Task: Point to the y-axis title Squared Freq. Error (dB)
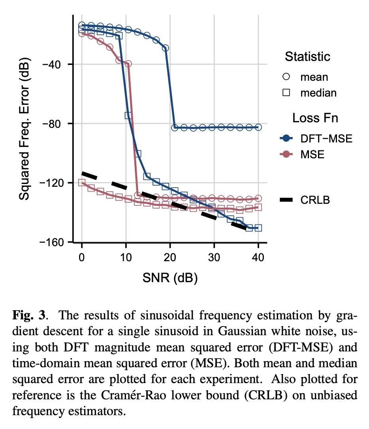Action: click(x=24, y=129)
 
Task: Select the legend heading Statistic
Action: click(x=307, y=57)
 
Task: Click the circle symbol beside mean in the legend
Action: click(x=287, y=77)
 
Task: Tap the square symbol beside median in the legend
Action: click(x=287, y=93)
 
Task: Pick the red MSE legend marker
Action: click(x=287, y=154)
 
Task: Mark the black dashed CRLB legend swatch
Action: click(x=287, y=200)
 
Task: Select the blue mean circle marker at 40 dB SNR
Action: click(x=258, y=127)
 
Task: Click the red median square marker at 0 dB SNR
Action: click(x=82, y=182)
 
